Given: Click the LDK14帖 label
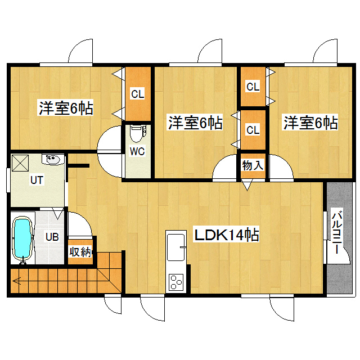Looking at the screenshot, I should (227, 235).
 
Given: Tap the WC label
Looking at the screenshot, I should (137, 151).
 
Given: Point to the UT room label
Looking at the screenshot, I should (37, 180).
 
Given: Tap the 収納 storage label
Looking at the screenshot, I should (80, 252).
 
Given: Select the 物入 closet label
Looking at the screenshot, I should (253, 165).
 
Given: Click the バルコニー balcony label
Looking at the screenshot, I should (337, 231).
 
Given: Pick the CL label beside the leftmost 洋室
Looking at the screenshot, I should (137, 94).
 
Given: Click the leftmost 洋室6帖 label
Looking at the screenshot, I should (66, 107).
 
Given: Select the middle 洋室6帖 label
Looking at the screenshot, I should (195, 122).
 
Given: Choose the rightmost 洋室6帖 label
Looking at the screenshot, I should (310, 122).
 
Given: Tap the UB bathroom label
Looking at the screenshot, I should (52, 237).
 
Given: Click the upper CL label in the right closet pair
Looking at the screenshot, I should (253, 87).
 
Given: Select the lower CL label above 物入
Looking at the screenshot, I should (253, 130).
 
